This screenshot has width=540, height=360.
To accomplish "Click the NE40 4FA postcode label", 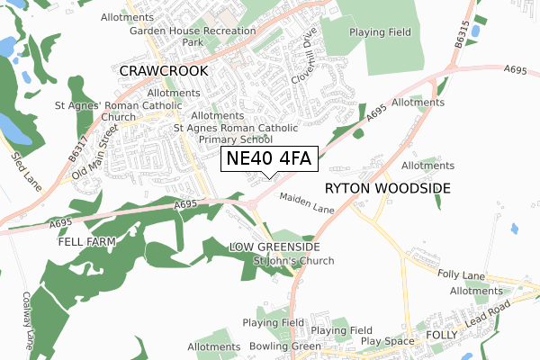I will coord(267,159).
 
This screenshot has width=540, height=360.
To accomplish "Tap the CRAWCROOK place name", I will coord(164,69).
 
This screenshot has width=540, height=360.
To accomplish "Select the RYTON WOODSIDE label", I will coord(387,188).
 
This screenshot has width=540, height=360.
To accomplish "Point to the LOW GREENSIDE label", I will coord(274,247).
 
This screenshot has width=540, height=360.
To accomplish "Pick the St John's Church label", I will coord(292,261).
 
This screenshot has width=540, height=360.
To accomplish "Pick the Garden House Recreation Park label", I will coord(193,36).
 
